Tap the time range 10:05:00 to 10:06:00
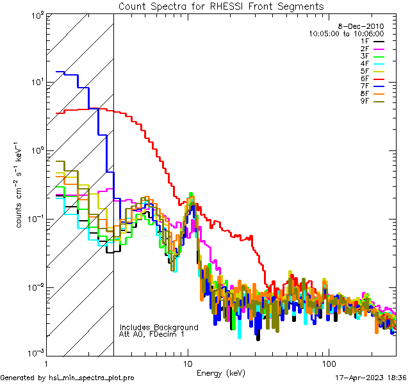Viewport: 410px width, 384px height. (346, 33)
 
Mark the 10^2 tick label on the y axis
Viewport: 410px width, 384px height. (36, 15)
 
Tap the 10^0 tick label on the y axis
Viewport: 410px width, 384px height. (36, 150)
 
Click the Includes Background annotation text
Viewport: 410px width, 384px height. (159, 327)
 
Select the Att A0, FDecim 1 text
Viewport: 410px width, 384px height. (151, 334)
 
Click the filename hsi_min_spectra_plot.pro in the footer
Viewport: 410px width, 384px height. (92, 378)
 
